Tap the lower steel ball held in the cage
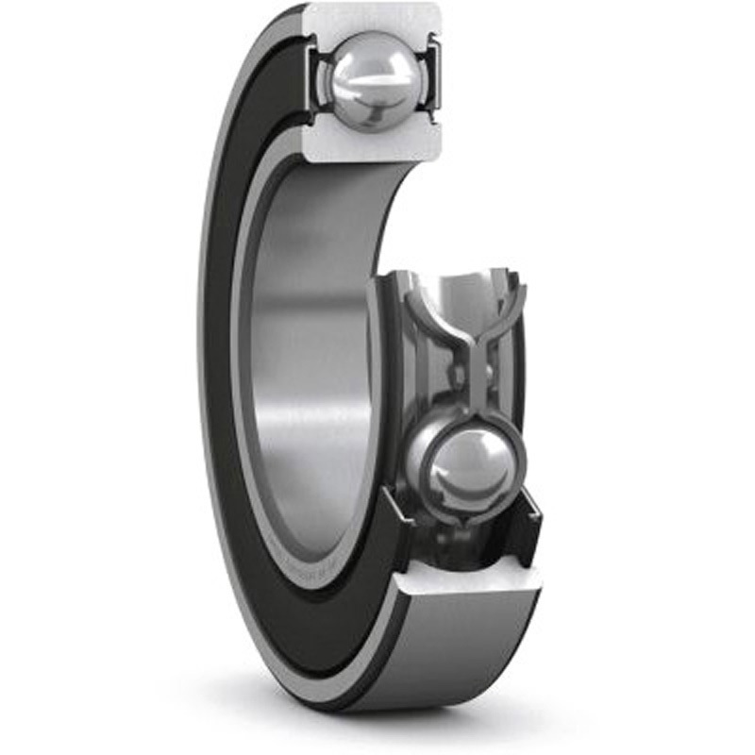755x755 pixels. [466, 464]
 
